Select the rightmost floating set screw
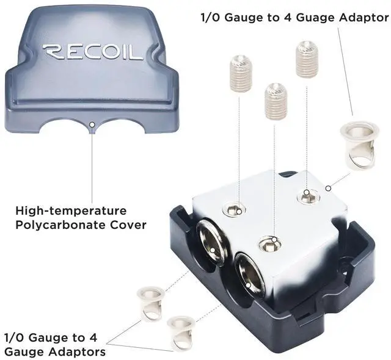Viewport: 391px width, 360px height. [306, 60]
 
